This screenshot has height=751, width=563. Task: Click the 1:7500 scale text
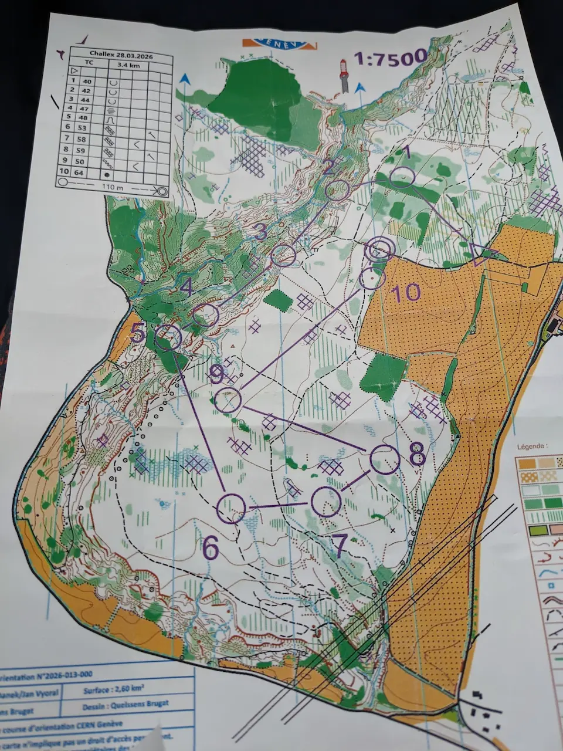tap(391, 57)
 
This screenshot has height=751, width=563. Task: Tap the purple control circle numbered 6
tap(231, 508)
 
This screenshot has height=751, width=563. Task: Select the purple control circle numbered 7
tap(325, 502)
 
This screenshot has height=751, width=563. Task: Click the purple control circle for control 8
tap(385, 459)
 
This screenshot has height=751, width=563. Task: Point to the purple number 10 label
tap(406, 292)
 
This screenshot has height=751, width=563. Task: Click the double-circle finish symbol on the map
tap(379, 249)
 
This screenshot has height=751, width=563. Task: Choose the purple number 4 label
tap(186, 287)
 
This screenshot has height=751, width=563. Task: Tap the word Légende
tap(532, 446)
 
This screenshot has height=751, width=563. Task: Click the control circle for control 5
tap(169, 337)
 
